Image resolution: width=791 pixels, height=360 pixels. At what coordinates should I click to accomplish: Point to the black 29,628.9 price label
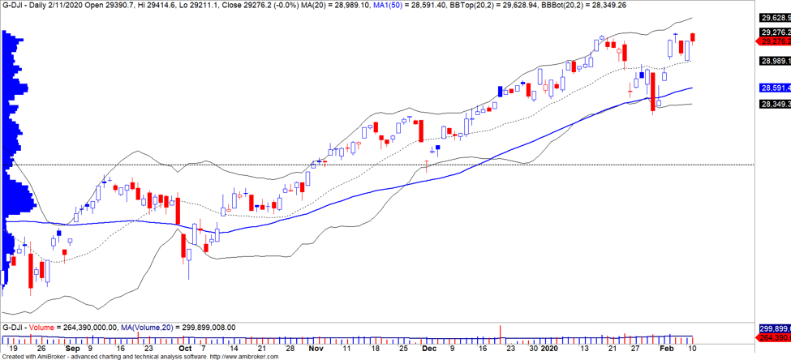774,18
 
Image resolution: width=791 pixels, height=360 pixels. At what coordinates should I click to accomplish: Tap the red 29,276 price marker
774,41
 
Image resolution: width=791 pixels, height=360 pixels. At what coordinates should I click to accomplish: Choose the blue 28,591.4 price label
774,88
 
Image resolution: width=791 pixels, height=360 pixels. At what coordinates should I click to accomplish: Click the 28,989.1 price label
774,61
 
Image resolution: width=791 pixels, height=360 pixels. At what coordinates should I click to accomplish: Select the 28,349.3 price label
774,104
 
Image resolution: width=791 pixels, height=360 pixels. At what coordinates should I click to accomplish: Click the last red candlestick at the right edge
694,36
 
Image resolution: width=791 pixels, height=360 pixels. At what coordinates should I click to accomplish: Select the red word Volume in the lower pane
45,328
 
